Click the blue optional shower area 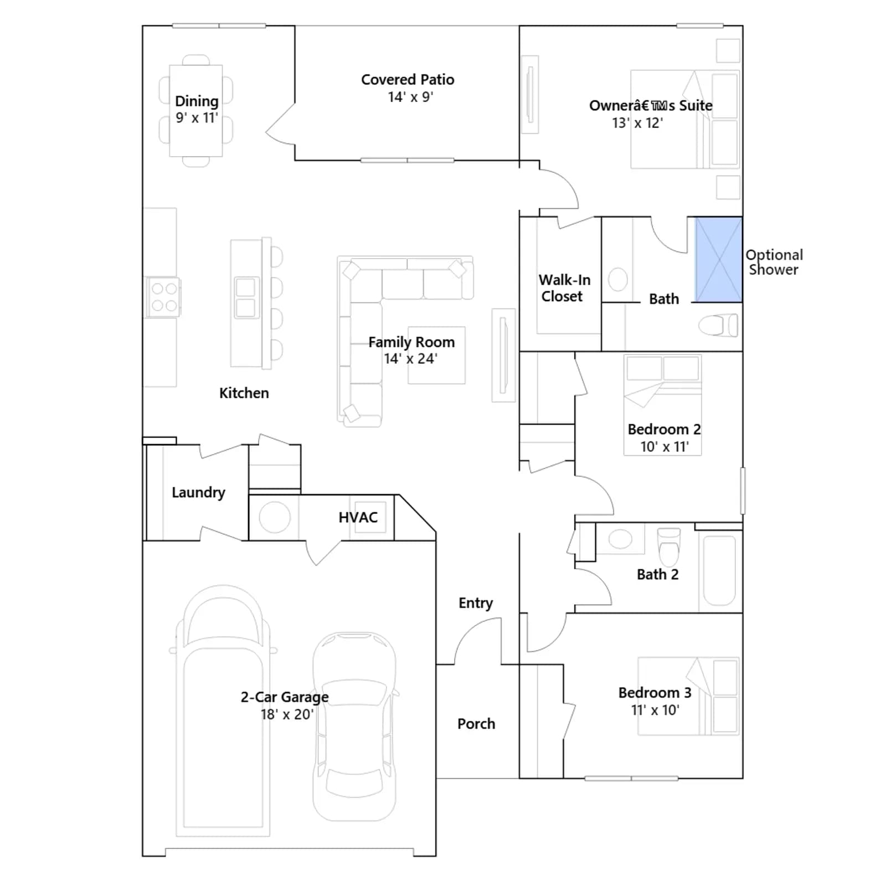tap(719, 260)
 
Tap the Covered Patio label tap(408, 80)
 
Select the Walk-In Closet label tap(564, 288)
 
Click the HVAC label tap(358, 517)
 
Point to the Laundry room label tap(198, 492)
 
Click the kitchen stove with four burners tap(164, 297)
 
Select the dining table tap(196, 111)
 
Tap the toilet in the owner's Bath tap(718, 326)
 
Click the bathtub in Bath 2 tap(719, 570)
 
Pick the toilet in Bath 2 tap(668, 545)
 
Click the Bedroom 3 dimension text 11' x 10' tap(655, 710)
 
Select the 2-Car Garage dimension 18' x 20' tap(287, 714)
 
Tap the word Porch tap(476, 724)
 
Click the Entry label tap(476, 603)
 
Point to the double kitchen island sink tap(245, 297)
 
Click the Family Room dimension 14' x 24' tap(411, 359)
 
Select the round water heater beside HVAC tap(275, 517)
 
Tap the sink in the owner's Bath tap(617, 279)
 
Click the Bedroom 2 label tap(664, 429)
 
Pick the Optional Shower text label tap(774, 262)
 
